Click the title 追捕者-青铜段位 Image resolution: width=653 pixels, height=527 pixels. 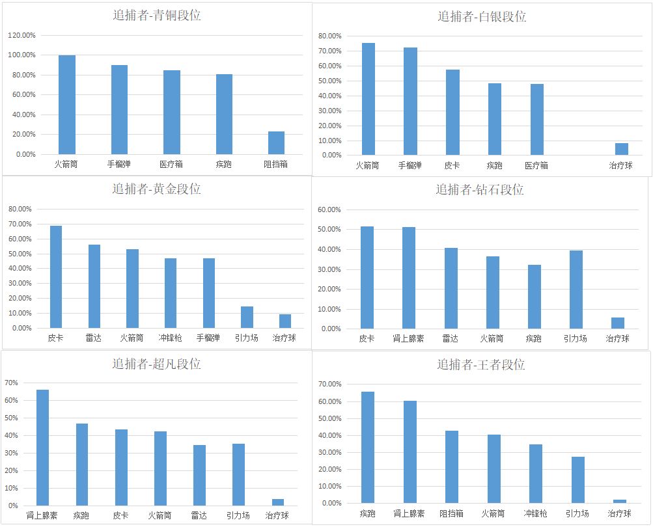coord(156,16)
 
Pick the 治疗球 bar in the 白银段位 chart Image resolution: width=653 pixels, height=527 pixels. coord(621,149)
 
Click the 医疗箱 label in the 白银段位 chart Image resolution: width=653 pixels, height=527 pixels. coord(536,165)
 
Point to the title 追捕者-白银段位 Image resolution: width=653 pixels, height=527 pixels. coord(481,16)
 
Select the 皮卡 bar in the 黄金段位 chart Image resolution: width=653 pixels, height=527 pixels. coord(55,277)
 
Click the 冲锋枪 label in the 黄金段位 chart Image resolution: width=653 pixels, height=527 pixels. coord(171,338)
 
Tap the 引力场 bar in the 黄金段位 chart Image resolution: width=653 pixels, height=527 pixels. coord(247,318)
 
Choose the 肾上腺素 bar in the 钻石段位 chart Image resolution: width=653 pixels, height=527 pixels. coord(408,278)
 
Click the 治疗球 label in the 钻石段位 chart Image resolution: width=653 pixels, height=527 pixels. coord(617,339)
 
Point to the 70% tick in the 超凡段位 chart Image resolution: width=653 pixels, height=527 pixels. coord(12,383)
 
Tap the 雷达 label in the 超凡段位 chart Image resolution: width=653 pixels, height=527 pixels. coord(199,516)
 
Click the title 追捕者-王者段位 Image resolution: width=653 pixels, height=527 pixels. coord(480,364)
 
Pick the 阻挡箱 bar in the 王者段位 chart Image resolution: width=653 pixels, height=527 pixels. coord(451,467)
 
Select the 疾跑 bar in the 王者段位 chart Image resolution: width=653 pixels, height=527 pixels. coord(368,448)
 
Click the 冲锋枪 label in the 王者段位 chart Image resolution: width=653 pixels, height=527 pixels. coord(535,514)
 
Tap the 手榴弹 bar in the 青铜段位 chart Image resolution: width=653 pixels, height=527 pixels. coord(119,109)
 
